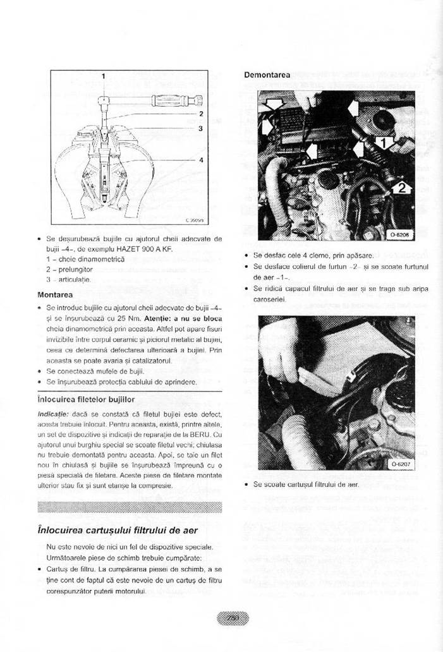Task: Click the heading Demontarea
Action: tap(267, 75)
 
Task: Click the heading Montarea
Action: tap(55, 294)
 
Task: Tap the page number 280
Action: tap(233, 619)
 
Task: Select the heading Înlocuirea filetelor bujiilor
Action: tap(86, 399)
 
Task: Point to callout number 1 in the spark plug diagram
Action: tap(104, 76)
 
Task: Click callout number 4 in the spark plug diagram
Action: tap(201, 159)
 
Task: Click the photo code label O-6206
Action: tap(399, 234)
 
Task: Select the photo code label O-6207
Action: tap(399, 463)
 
